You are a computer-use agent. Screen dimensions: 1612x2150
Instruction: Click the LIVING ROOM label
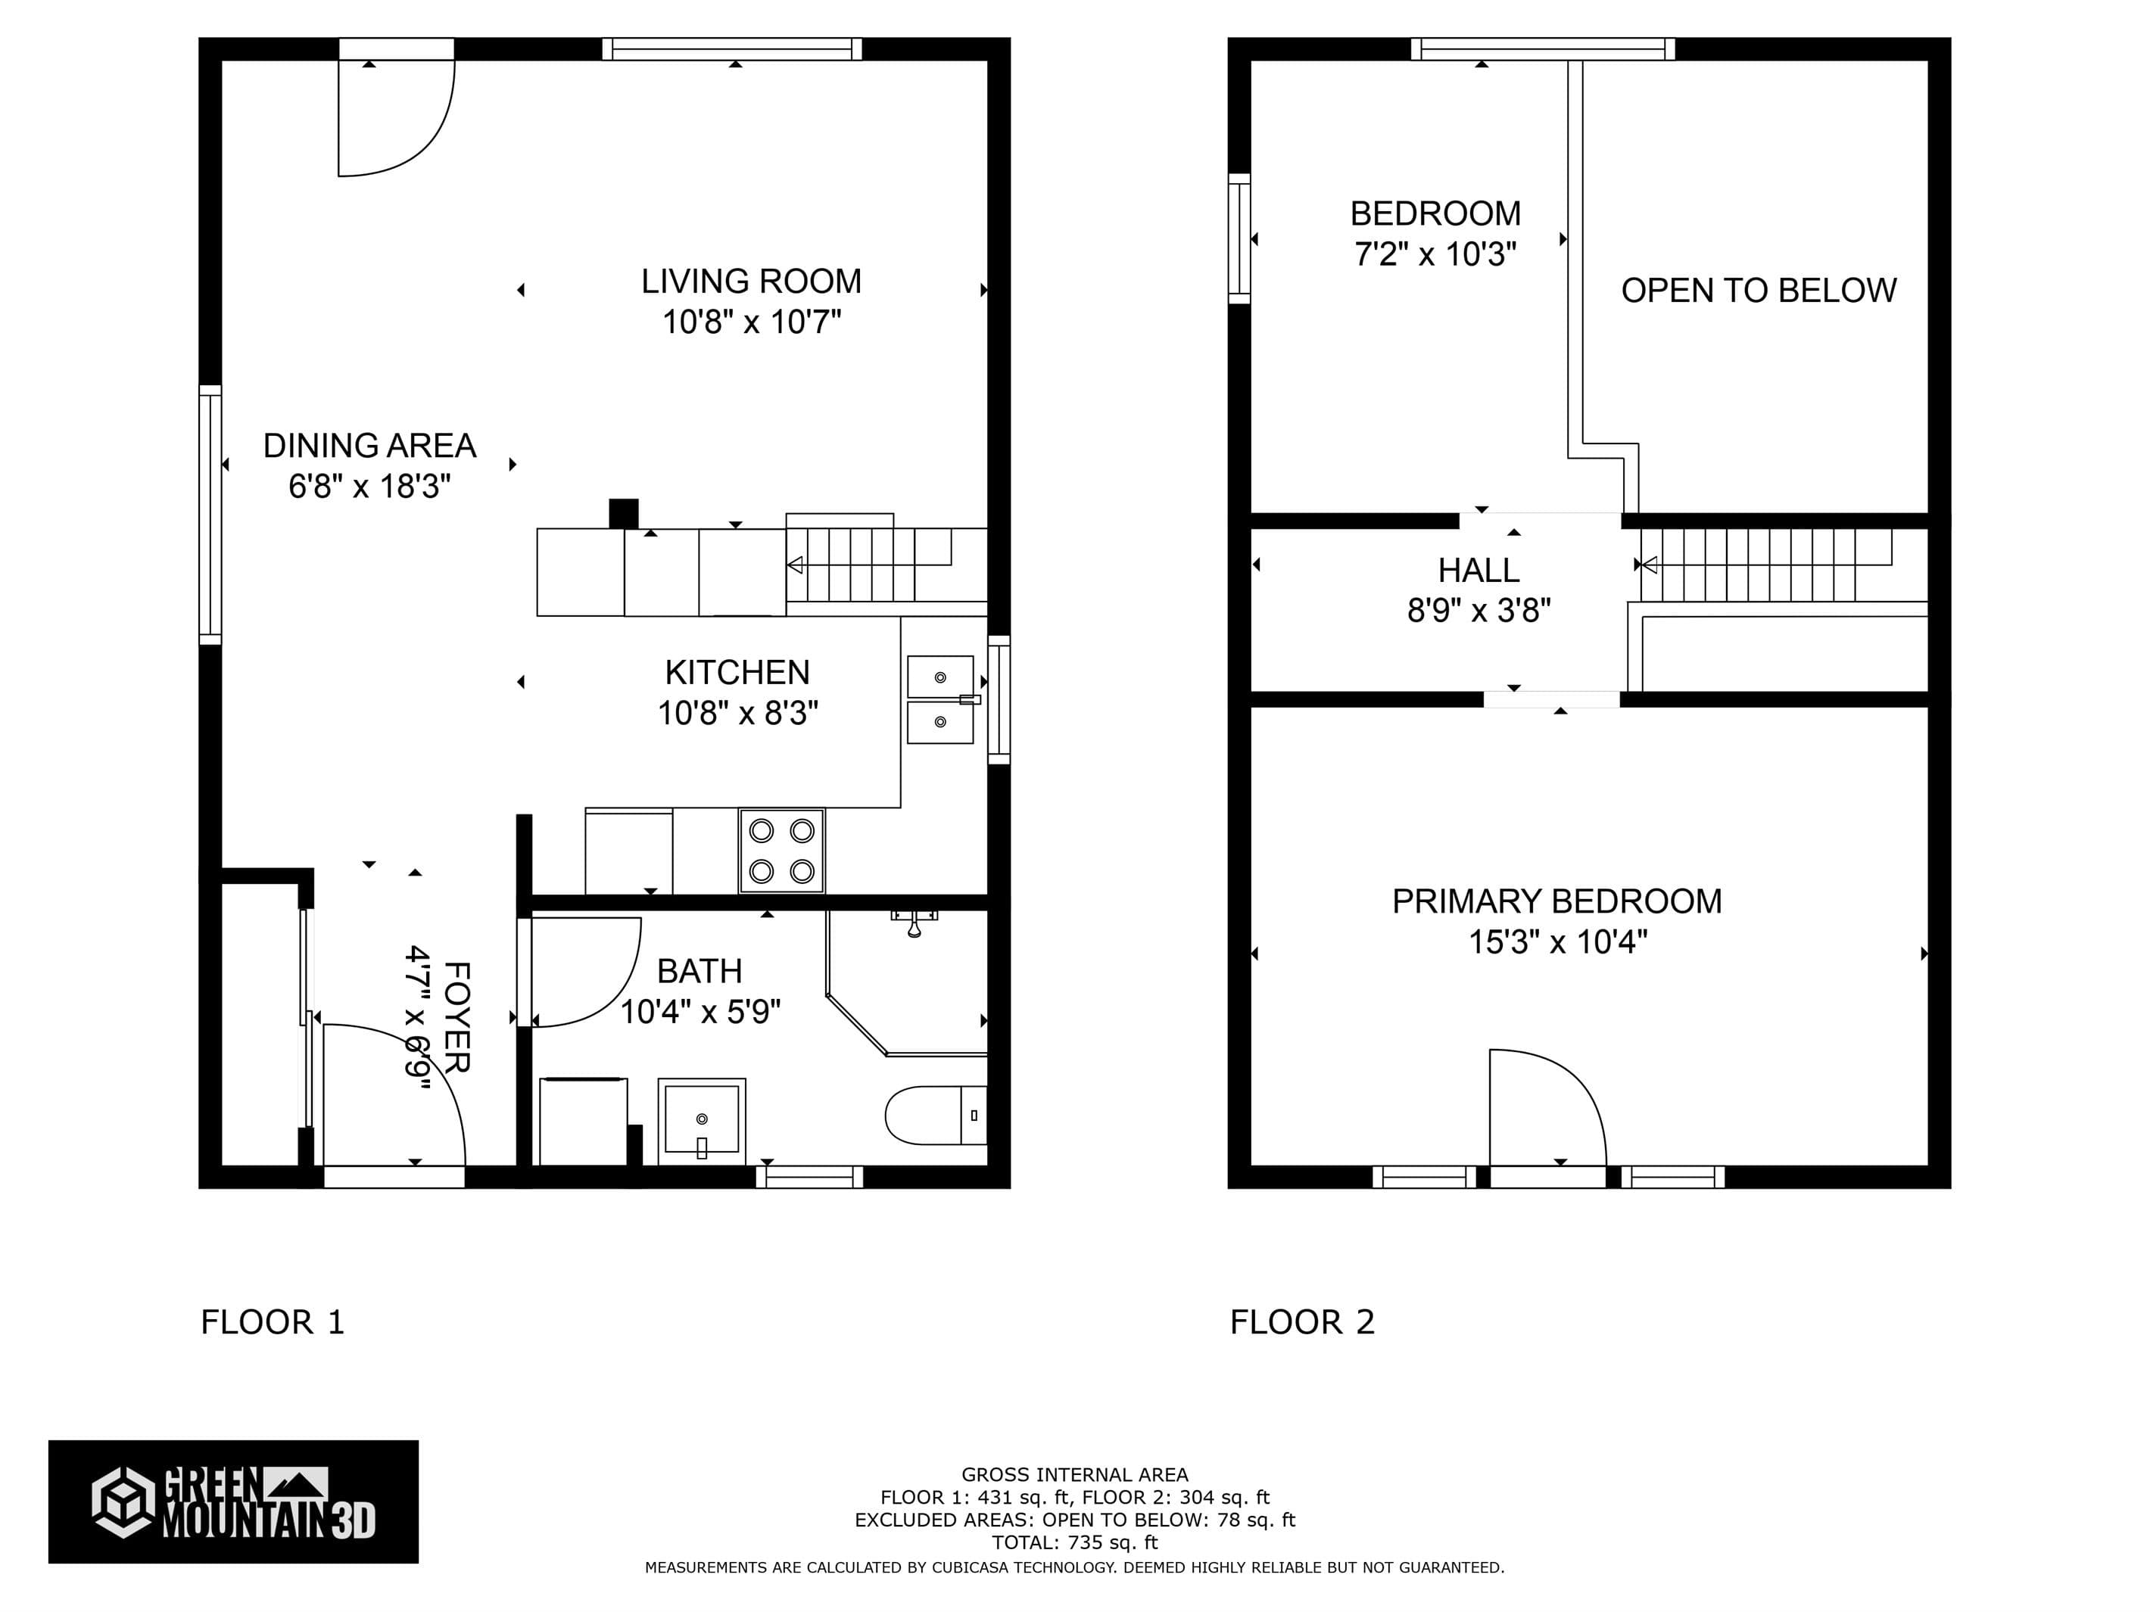750,282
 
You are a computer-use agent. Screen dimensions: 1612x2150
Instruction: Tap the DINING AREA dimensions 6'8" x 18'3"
369,486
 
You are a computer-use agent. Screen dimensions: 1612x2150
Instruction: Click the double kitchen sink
940,699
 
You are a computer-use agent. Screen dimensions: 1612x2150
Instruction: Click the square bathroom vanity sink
702,1120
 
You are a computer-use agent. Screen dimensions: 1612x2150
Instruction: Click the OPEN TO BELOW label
1759,291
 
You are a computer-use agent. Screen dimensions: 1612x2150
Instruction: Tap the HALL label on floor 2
1479,571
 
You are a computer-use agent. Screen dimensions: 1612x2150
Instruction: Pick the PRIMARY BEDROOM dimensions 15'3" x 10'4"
1557,942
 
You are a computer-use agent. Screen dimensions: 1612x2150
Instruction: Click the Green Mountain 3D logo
233,1502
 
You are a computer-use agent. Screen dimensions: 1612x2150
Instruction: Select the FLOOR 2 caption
1301,1322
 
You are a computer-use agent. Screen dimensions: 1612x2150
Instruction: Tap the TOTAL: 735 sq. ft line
1074,1542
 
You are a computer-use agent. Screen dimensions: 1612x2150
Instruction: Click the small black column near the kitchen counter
623,513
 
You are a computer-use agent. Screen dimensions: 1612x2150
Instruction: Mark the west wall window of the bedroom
1239,238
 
